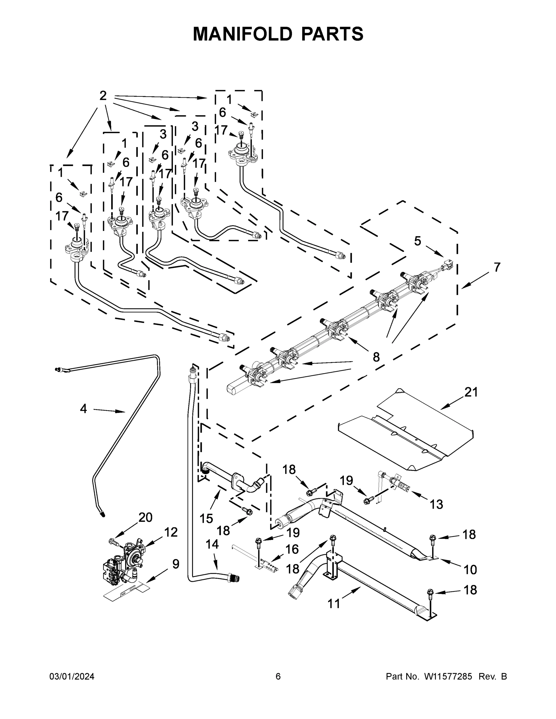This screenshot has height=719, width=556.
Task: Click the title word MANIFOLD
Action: [242, 34]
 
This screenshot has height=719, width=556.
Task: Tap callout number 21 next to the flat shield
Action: [471, 392]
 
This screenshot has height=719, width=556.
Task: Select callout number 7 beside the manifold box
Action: [497, 267]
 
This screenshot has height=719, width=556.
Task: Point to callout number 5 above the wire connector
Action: [417, 241]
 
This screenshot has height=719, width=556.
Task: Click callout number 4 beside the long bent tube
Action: [83, 409]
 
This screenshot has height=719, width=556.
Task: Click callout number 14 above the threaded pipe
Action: [212, 545]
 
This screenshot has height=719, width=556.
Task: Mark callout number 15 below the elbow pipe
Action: [206, 519]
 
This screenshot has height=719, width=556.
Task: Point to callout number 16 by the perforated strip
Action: [292, 549]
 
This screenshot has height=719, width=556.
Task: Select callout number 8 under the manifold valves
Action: [376, 357]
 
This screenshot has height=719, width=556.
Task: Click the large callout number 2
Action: [103, 96]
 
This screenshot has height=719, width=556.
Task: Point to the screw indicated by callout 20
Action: [114, 541]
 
